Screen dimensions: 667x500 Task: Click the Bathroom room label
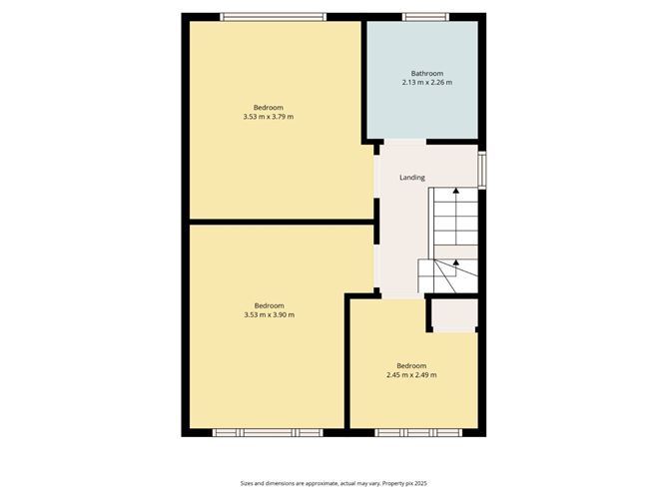427,73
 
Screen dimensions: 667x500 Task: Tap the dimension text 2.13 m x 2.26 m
427,83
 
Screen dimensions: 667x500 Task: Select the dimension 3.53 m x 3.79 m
269,117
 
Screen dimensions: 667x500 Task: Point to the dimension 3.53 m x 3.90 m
270,315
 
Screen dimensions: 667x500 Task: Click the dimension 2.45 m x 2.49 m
411,375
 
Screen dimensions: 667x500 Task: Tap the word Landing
412,178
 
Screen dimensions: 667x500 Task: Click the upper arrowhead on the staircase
456,191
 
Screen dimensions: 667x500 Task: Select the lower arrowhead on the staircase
456,262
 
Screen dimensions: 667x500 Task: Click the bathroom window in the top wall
425,17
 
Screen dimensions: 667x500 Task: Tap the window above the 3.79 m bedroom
274,17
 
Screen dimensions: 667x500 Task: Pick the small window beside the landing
482,170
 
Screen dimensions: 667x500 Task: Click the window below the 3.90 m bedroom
268,433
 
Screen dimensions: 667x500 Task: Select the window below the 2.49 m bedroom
418,433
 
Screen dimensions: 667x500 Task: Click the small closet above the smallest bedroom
454,315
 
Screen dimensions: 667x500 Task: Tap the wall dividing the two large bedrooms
282,222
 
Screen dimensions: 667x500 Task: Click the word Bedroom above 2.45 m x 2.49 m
411,365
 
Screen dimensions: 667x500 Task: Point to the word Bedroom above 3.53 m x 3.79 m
269,107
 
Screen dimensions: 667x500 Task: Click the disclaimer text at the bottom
333,483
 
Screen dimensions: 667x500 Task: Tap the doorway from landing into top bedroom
376,177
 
